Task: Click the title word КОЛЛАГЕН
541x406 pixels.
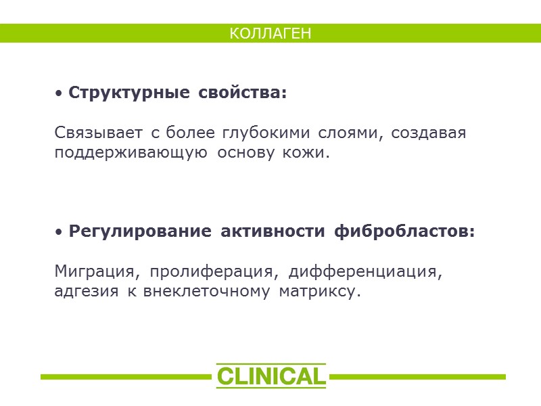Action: (x=270, y=33)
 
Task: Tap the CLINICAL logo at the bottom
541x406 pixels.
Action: (x=270, y=376)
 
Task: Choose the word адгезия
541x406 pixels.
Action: (x=84, y=293)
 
